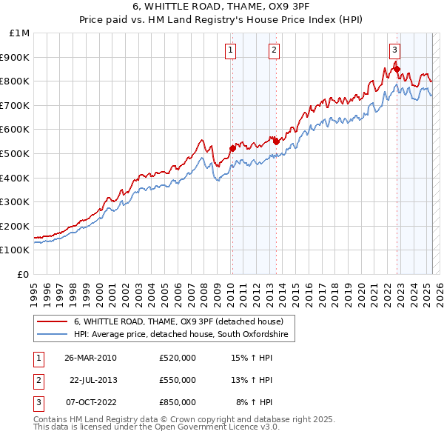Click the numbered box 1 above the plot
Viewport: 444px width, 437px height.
[231, 50]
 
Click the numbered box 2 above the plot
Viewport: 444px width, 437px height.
[274, 50]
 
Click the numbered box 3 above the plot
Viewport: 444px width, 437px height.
[395, 50]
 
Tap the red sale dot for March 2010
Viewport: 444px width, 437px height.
[232, 148]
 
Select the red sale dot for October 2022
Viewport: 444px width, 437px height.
[397, 70]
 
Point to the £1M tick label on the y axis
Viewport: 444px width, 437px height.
[20, 33]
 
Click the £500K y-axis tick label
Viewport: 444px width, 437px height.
[16, 153]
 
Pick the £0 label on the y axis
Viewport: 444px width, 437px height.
[23, 274]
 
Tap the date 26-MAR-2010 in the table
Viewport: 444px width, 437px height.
[90, 358]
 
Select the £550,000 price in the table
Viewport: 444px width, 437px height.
[177, 380]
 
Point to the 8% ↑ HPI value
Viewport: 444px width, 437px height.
[254, 402]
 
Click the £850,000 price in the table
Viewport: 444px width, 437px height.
[177, 402]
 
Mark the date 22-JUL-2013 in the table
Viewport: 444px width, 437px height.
[92, 380]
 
